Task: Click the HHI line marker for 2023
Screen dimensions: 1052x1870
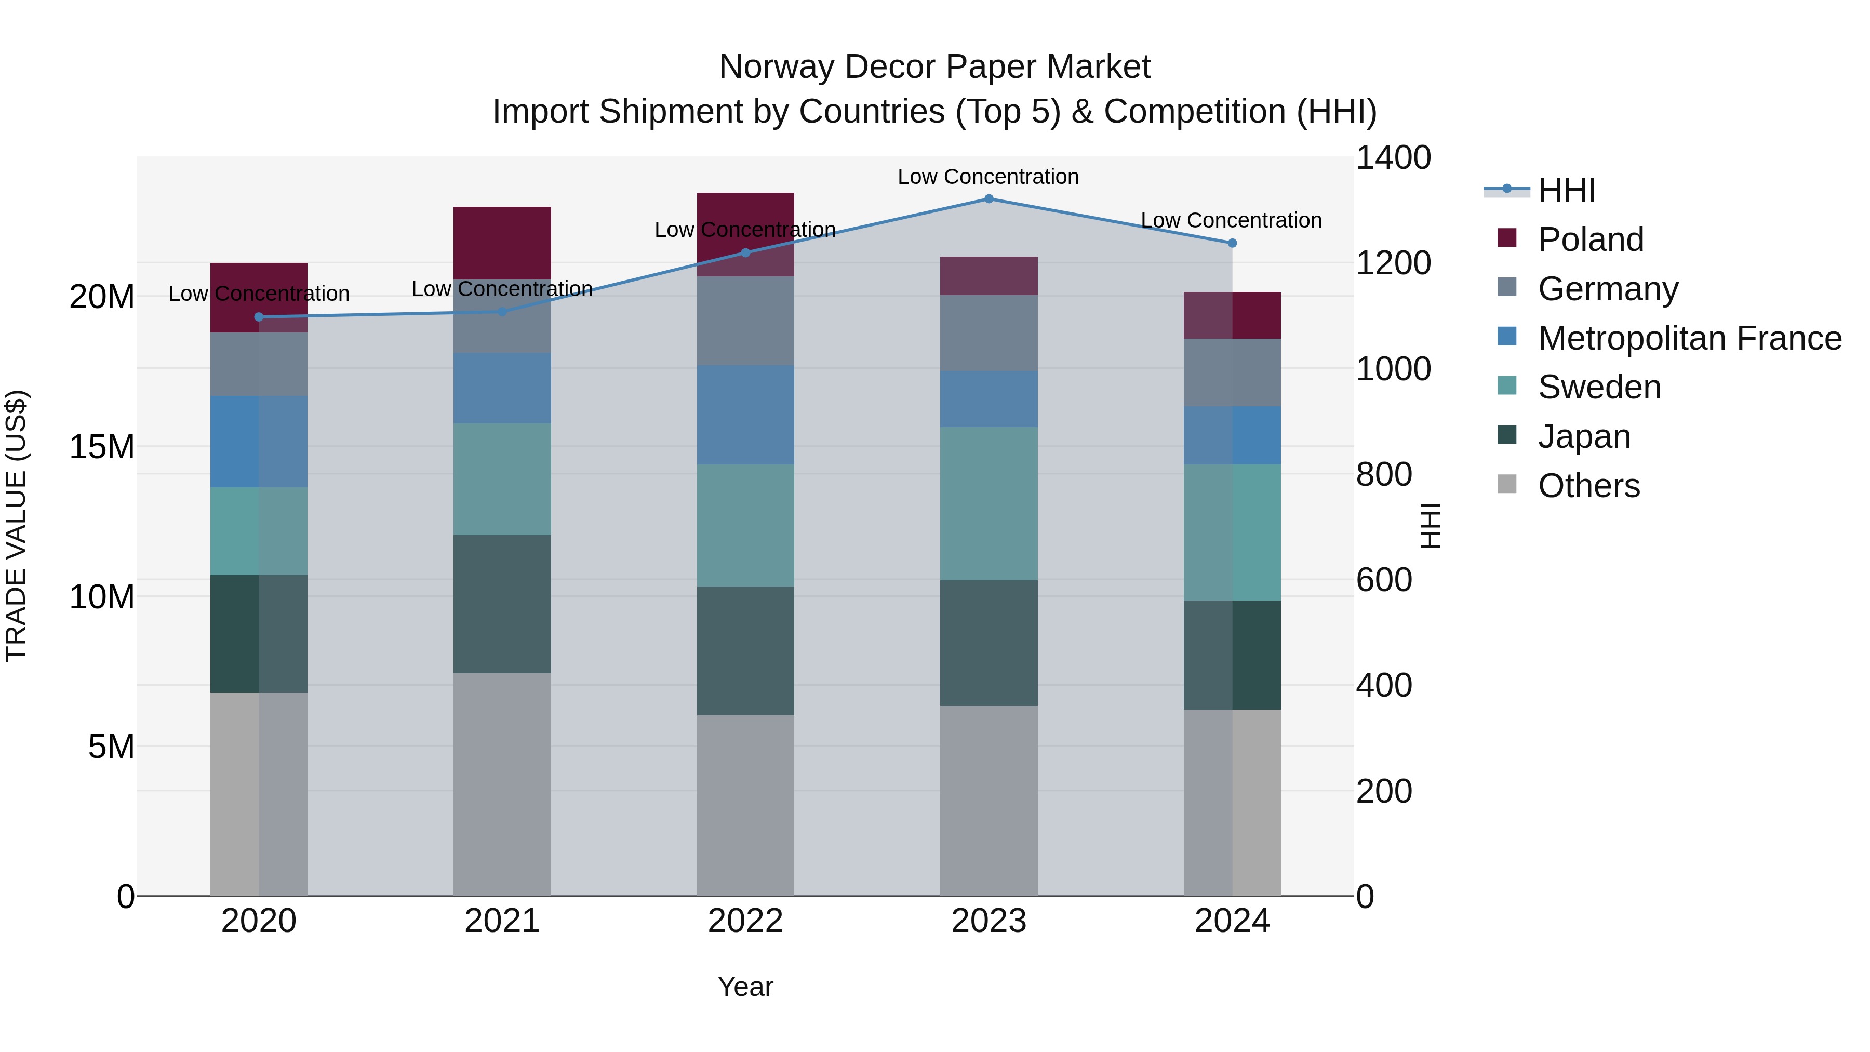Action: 988,199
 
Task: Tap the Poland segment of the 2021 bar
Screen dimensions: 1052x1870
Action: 502,243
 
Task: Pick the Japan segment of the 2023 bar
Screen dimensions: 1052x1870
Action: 988,643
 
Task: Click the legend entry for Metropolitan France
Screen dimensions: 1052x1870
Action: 1689,338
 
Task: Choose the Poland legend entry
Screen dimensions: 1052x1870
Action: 1590,239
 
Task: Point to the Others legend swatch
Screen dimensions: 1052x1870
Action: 1507,484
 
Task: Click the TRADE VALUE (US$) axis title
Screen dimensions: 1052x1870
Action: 16,526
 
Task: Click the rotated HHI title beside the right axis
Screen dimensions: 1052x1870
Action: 1430,526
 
